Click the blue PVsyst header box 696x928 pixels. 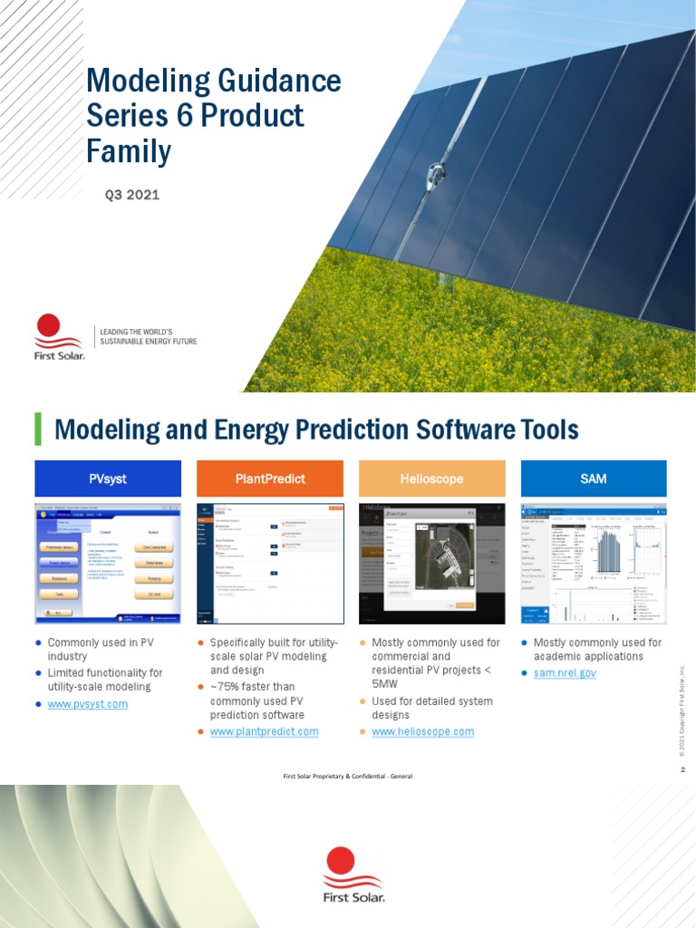pos(108,478)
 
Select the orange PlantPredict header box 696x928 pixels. pos(269,478)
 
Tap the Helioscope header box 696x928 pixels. pos(431,478)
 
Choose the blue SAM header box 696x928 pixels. pos(593,478)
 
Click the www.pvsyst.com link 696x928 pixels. pos(88,703)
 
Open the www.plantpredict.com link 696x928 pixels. pos(264,731)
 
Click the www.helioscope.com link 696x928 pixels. pos(422,731)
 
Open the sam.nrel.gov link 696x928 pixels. pos(565,673)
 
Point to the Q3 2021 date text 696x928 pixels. pos(132,195)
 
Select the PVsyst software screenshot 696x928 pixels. pos(108,562)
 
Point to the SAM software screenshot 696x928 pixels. pos(593,562)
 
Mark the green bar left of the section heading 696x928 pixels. pos(38,429)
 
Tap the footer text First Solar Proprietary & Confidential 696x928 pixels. pos(348,776)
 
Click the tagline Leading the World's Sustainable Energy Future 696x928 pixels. pos(147,337)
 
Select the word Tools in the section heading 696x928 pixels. pos(547,429)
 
